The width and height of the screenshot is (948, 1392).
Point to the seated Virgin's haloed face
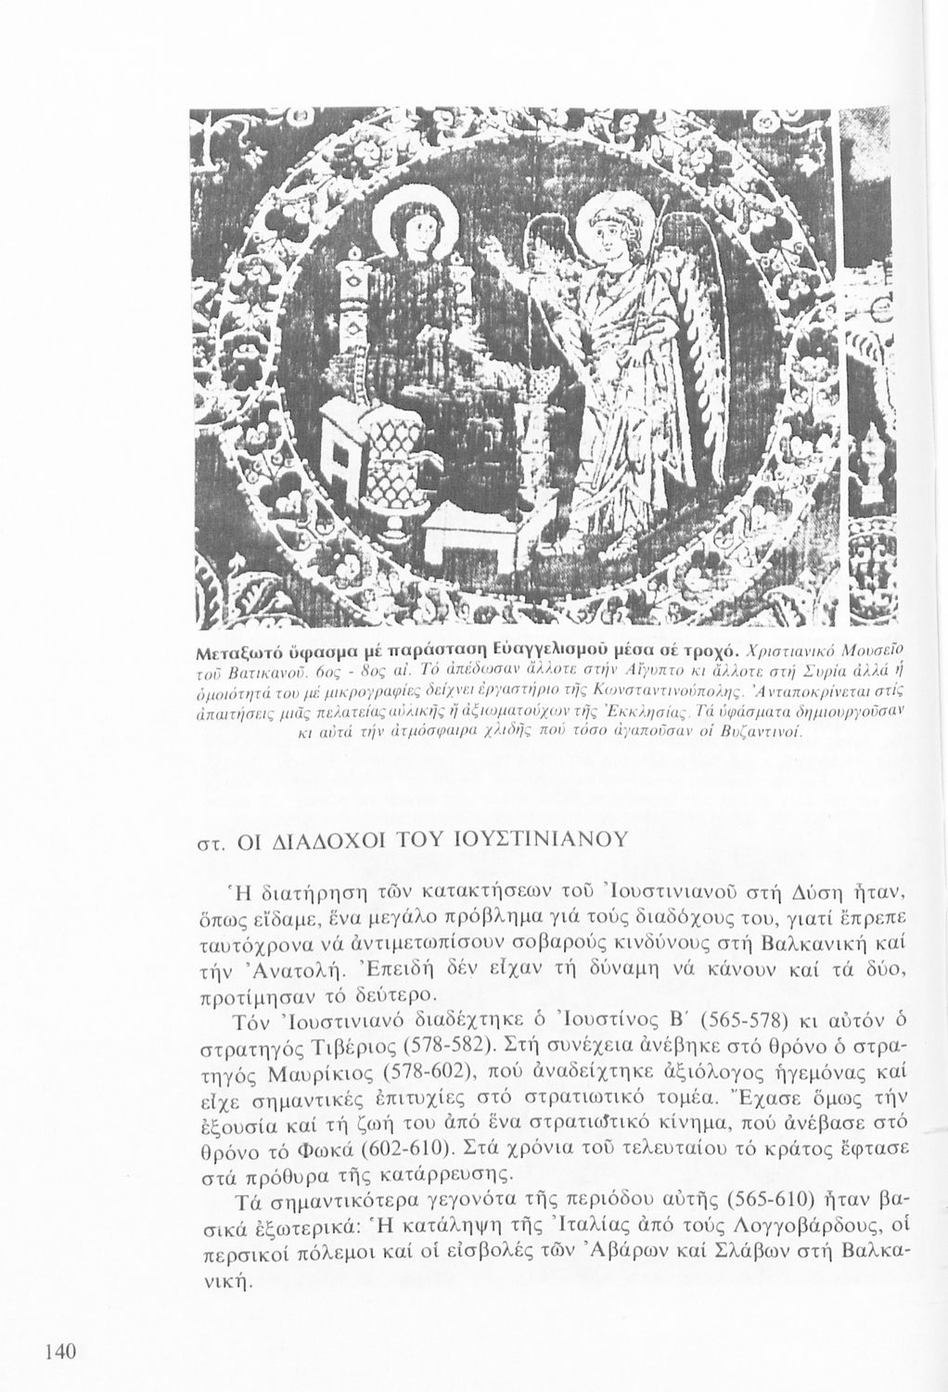pos(408,228)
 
